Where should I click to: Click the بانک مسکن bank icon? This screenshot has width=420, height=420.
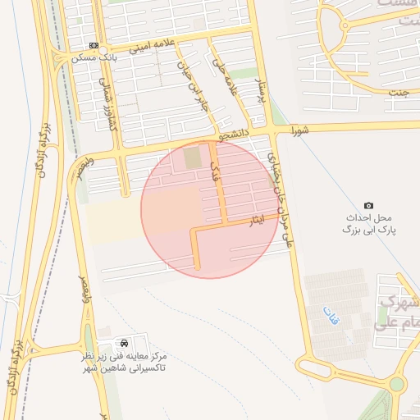tap(93, 45)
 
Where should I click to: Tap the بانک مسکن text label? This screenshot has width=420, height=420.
tap(94, 57)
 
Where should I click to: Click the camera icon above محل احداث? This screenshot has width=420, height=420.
tap(368, 205)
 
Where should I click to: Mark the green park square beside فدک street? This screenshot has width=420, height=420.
tap(191, 157)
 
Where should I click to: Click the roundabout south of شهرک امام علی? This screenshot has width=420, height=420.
tap(397, 384)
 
